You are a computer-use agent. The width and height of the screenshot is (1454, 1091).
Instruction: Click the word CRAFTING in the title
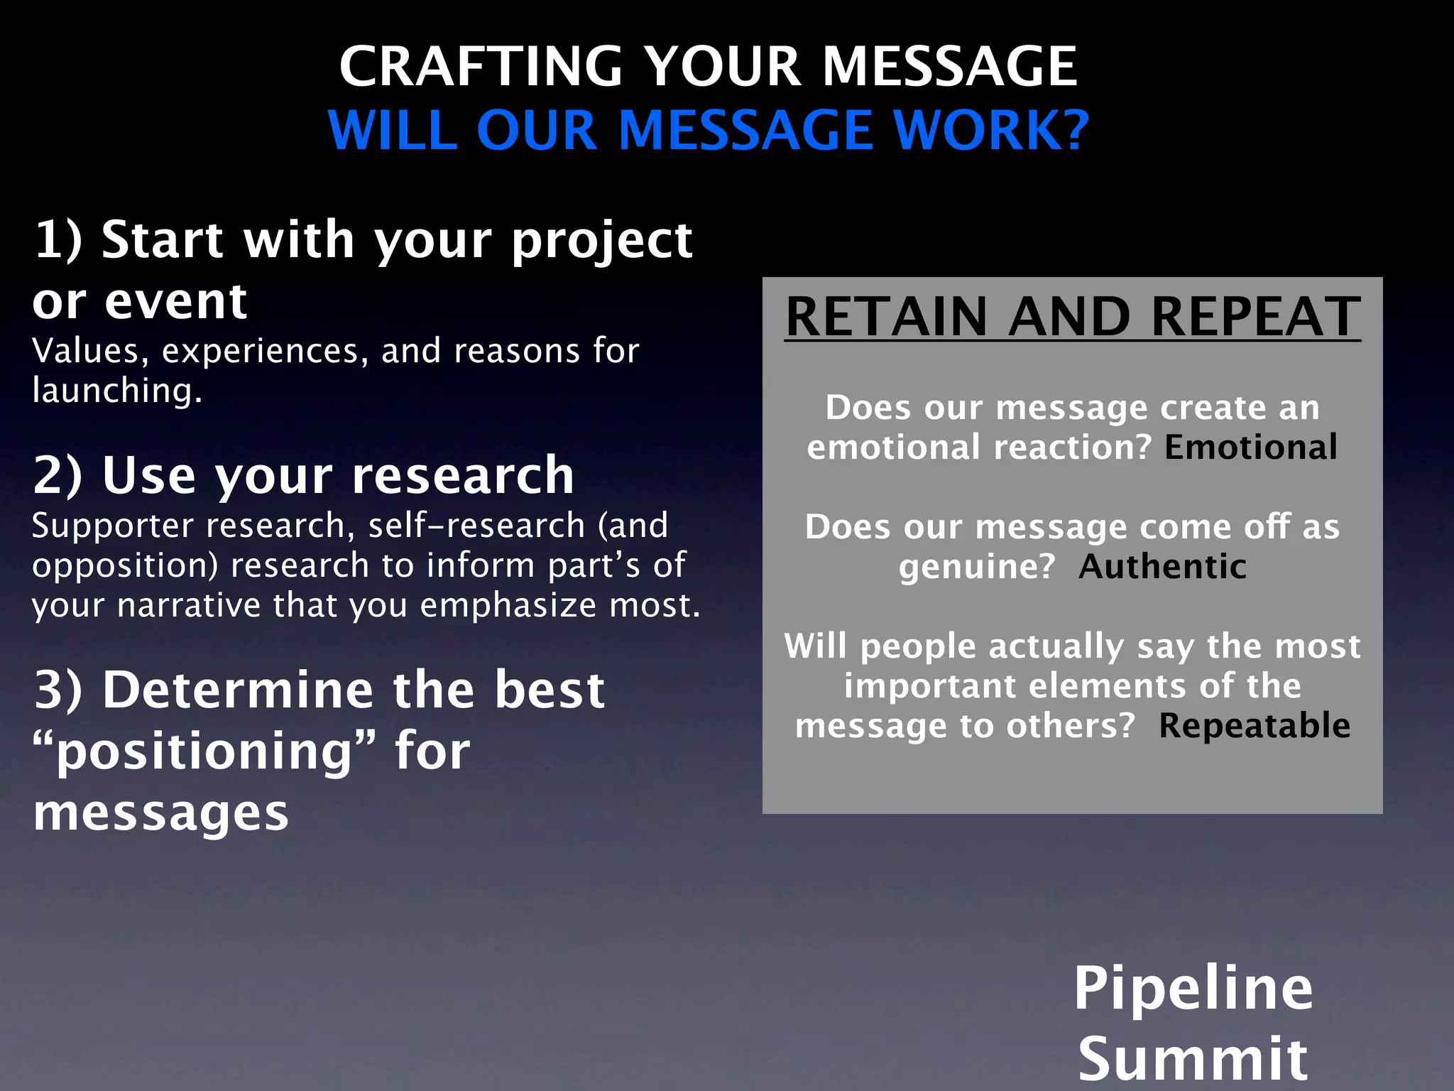coord(481,67)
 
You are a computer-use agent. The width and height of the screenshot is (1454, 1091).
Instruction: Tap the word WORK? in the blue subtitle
coord(991,131)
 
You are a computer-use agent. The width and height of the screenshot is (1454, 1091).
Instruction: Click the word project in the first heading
coord(601,241)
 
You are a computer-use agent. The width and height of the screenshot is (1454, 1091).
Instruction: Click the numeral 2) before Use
coord(58,475)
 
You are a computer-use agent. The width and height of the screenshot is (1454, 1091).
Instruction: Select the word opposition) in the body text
coord(126,566)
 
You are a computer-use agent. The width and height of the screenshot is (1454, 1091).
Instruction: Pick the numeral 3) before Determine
coord(58,690)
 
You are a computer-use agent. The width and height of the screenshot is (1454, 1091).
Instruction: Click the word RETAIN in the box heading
coord(887,317)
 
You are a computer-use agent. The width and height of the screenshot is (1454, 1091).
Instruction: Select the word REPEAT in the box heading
coord(1255,317)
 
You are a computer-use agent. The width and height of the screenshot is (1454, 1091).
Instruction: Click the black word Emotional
coord(1250,447)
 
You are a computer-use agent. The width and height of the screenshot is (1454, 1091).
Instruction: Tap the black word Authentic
coord(1162,567)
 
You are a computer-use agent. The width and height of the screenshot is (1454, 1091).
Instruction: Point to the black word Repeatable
coord(1255,726)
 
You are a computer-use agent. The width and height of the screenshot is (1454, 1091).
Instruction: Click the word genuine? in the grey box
coord(977,567)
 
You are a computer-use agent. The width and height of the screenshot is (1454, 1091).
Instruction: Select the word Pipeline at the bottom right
coord(1193,988)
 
